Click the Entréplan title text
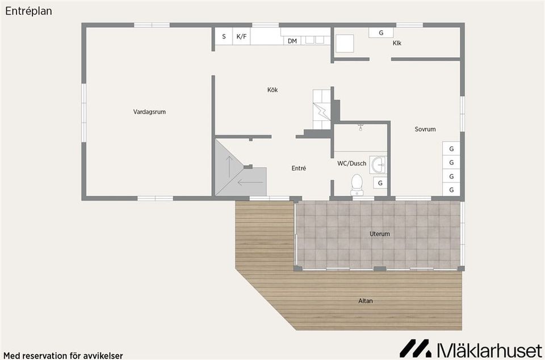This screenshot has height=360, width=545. (28, 11)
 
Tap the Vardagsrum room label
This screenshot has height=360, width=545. (149, 112)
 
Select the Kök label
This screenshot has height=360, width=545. (272, 90)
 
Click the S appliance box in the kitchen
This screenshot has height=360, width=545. (224, 36)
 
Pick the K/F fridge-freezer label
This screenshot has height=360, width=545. (241, 36)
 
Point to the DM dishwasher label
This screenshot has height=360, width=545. (292, 41)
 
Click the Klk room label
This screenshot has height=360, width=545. (397, 43)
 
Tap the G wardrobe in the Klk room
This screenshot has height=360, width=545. (381, 33)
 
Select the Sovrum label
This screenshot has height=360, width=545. (425, 129)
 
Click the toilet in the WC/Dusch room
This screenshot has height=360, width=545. (357, 185)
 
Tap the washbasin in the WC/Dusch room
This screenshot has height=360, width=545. (378, 164)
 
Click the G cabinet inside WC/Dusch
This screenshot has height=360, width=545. (380, 183)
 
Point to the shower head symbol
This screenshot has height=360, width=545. (361, 127)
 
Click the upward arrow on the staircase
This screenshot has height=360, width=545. (229, 167)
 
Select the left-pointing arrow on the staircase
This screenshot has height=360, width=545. (250, 182)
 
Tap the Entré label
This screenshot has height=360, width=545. (299, 168)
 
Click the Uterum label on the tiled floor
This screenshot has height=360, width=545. (380, 234)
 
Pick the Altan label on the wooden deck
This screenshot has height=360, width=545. (365, 301)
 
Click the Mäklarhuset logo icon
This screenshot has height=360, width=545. (415, 348)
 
